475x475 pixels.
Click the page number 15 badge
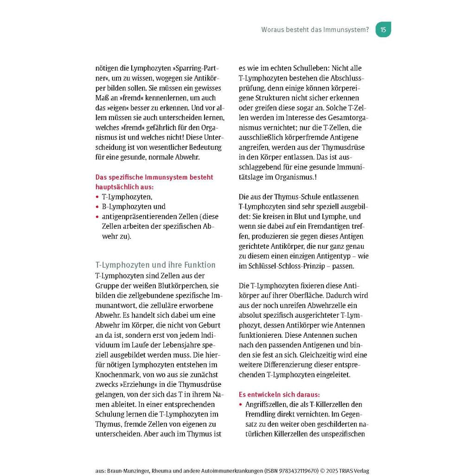(x=383, y=30)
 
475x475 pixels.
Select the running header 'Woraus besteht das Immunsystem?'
(x=315, y=30)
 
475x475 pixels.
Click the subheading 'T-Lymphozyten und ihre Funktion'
(x=155, y=265)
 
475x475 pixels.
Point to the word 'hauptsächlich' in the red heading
(x=116, y=187)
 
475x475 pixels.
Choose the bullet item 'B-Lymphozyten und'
(x=134, y=206)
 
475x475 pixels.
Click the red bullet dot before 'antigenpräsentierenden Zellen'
(x=97, y=217)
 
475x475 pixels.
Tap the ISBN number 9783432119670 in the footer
(x=295, y=470)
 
